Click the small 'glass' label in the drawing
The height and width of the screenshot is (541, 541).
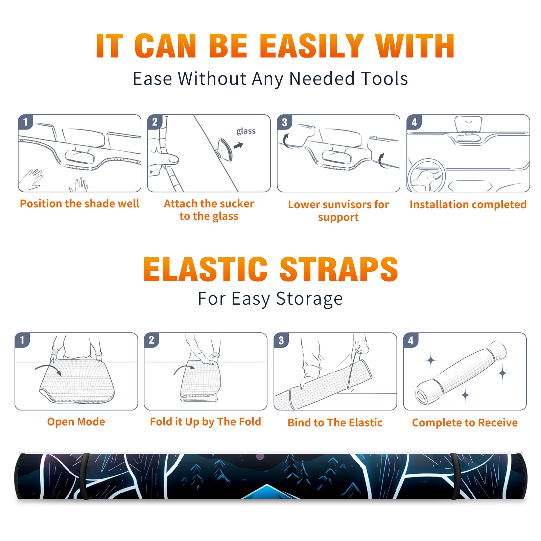pyautogui.click(x=246, y=131)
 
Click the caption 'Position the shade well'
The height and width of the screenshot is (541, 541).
pyautogui.click(x=79, y=204)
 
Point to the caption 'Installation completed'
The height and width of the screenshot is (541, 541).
pyautogui.click(x=468, y=205)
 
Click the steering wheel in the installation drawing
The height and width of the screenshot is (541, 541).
pyautogui.click(x=426, y=175)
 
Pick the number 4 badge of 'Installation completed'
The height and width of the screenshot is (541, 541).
pyautogui.click(x=414, y=122)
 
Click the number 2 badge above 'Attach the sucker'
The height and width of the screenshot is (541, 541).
pyautogui.click(x=155, y=122)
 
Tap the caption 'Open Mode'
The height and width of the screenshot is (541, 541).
pyautogui.click(x=76, y=422)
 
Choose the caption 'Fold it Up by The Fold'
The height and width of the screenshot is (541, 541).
pyautogui.click(x=206, y=422)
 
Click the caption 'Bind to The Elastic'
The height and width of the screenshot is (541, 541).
pyautogui.click(x=335, y=423)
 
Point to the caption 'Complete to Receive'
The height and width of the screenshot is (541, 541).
pyautogui.click(x=465, y=423)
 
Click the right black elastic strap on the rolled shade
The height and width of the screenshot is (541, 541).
pyautogui.click(x=454, y=476)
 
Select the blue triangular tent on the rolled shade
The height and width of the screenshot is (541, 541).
pyautogui.click(x=267, y=492)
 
